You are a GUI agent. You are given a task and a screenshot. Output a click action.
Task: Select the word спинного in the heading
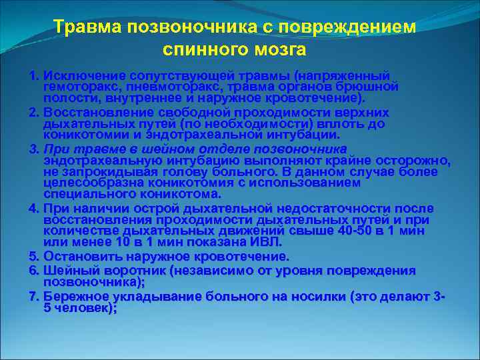pyautogui.click(x=201, y=49)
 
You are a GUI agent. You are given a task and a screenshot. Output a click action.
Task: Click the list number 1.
pyautogui.click(x=33, y=75)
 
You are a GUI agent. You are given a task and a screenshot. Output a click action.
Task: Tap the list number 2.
pyautogui.click(x=33, y=112)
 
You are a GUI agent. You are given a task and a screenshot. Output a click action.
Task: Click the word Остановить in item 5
pyautogui.click(x=79, y=257)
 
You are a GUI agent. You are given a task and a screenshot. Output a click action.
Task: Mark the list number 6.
pyautogui.click(x=33, y=271)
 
